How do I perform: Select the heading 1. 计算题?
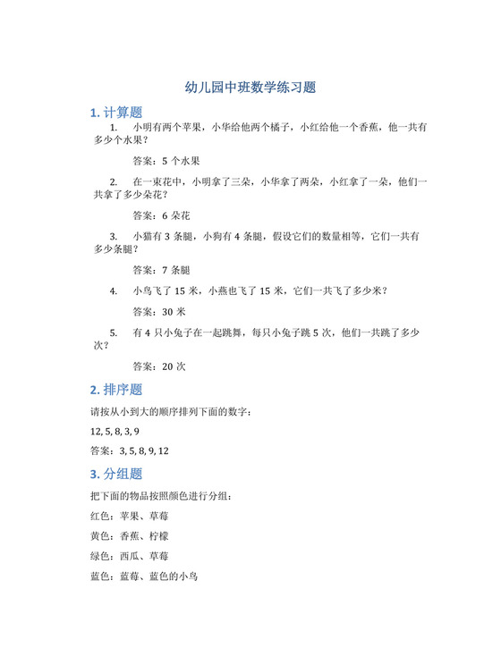[x=116, y=114]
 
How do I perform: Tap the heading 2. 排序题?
[x=116, y=391]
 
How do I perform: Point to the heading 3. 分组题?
[x=116, y=474]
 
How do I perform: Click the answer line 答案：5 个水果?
[x=166, y=162]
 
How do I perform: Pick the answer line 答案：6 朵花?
[x=161, y=216]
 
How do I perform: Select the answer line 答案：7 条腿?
[x=161, y=270]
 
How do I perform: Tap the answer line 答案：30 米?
[x=158, y=312]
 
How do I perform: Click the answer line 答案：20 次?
[x=158, y=366]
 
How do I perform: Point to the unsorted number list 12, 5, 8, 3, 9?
[x=115, y=432]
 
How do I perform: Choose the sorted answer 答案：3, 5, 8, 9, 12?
[x=130, y=451]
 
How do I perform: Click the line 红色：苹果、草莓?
[x=130, y=516]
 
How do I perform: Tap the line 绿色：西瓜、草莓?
[x=130, y=556]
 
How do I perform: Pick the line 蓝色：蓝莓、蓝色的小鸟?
[x=144, y=576]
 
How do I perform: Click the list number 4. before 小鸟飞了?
[x=114, y=291]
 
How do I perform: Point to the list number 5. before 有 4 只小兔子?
[x=114, y=332]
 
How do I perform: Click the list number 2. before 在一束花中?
[x=114, y=183]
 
